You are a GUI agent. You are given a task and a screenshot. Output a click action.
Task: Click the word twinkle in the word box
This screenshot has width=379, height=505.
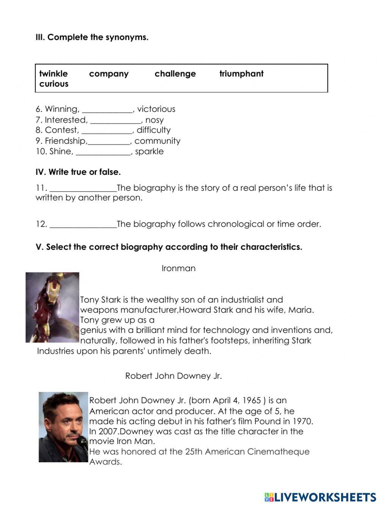click(53, 74)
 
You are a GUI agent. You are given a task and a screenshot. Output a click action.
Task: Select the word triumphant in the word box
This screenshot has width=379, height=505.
click(241, 74)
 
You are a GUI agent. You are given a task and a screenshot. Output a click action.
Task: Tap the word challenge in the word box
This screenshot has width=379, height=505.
click(175, 74)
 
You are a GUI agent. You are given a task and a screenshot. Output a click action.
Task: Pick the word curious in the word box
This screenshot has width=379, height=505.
click(54, 84)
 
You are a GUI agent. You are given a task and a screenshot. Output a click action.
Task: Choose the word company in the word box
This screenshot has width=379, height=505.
click(109, 74)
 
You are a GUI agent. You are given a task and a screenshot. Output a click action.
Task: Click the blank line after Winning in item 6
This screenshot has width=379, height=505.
click(107, 110)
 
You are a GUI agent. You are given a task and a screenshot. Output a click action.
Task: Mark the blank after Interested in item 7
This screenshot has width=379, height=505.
click(116, 121)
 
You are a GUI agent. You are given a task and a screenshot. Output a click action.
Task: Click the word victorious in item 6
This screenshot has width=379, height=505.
click(156, 109)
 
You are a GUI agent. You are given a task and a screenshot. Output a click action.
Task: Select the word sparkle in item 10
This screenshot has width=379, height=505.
click(149, 152)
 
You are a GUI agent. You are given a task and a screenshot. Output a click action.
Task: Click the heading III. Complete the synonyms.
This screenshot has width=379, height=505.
click(92, 37)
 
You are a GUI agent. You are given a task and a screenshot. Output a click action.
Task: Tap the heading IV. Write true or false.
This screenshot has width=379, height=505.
click(78, 172)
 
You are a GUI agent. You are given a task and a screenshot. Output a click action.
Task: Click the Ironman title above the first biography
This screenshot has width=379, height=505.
click(179, 268)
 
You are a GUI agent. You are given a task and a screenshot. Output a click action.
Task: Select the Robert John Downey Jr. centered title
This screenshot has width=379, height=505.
click(174, 376)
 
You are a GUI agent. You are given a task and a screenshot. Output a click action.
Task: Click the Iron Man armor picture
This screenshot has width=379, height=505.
click(52, 307)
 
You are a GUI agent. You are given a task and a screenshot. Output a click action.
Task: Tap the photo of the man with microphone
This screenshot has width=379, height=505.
click(63, 427)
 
